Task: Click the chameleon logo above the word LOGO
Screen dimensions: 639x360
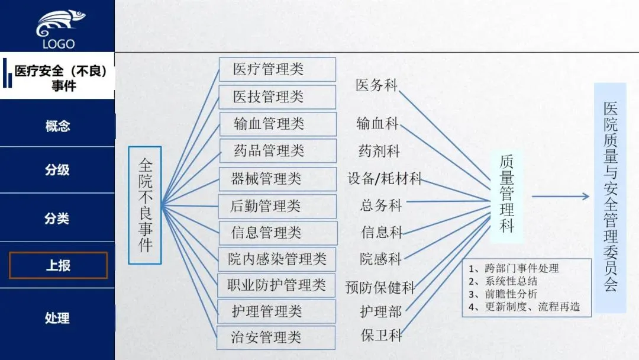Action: pos(57,23)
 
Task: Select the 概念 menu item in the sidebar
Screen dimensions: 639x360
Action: pos(57,126)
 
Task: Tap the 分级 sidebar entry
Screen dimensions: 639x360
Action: pos(57,170)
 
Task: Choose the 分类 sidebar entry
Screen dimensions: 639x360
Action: pos(57,218)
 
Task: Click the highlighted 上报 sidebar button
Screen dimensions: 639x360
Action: pos(58,265)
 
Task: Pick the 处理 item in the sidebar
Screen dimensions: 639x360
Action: pos(57,318)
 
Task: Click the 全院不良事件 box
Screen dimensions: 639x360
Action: pos(145,205)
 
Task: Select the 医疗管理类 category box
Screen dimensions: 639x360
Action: pos(277,69)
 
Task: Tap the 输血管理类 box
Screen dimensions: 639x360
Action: pos(277,124)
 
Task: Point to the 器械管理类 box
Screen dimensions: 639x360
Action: pos(277,178)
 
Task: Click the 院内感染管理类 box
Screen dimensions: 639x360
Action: pos(277,259)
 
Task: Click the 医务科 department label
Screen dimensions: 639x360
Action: pos(376,85)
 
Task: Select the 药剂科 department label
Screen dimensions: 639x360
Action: pos(379,151)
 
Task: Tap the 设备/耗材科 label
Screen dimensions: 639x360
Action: pos(385,178)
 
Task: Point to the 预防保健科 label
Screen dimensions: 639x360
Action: pos(380,288)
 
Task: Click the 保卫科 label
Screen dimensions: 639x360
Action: pos(381,335)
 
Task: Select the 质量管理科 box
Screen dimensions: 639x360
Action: pos(506,194)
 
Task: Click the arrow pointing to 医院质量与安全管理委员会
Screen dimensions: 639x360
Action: pos(560,197)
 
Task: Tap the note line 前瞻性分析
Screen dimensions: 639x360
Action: pos(503,294)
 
